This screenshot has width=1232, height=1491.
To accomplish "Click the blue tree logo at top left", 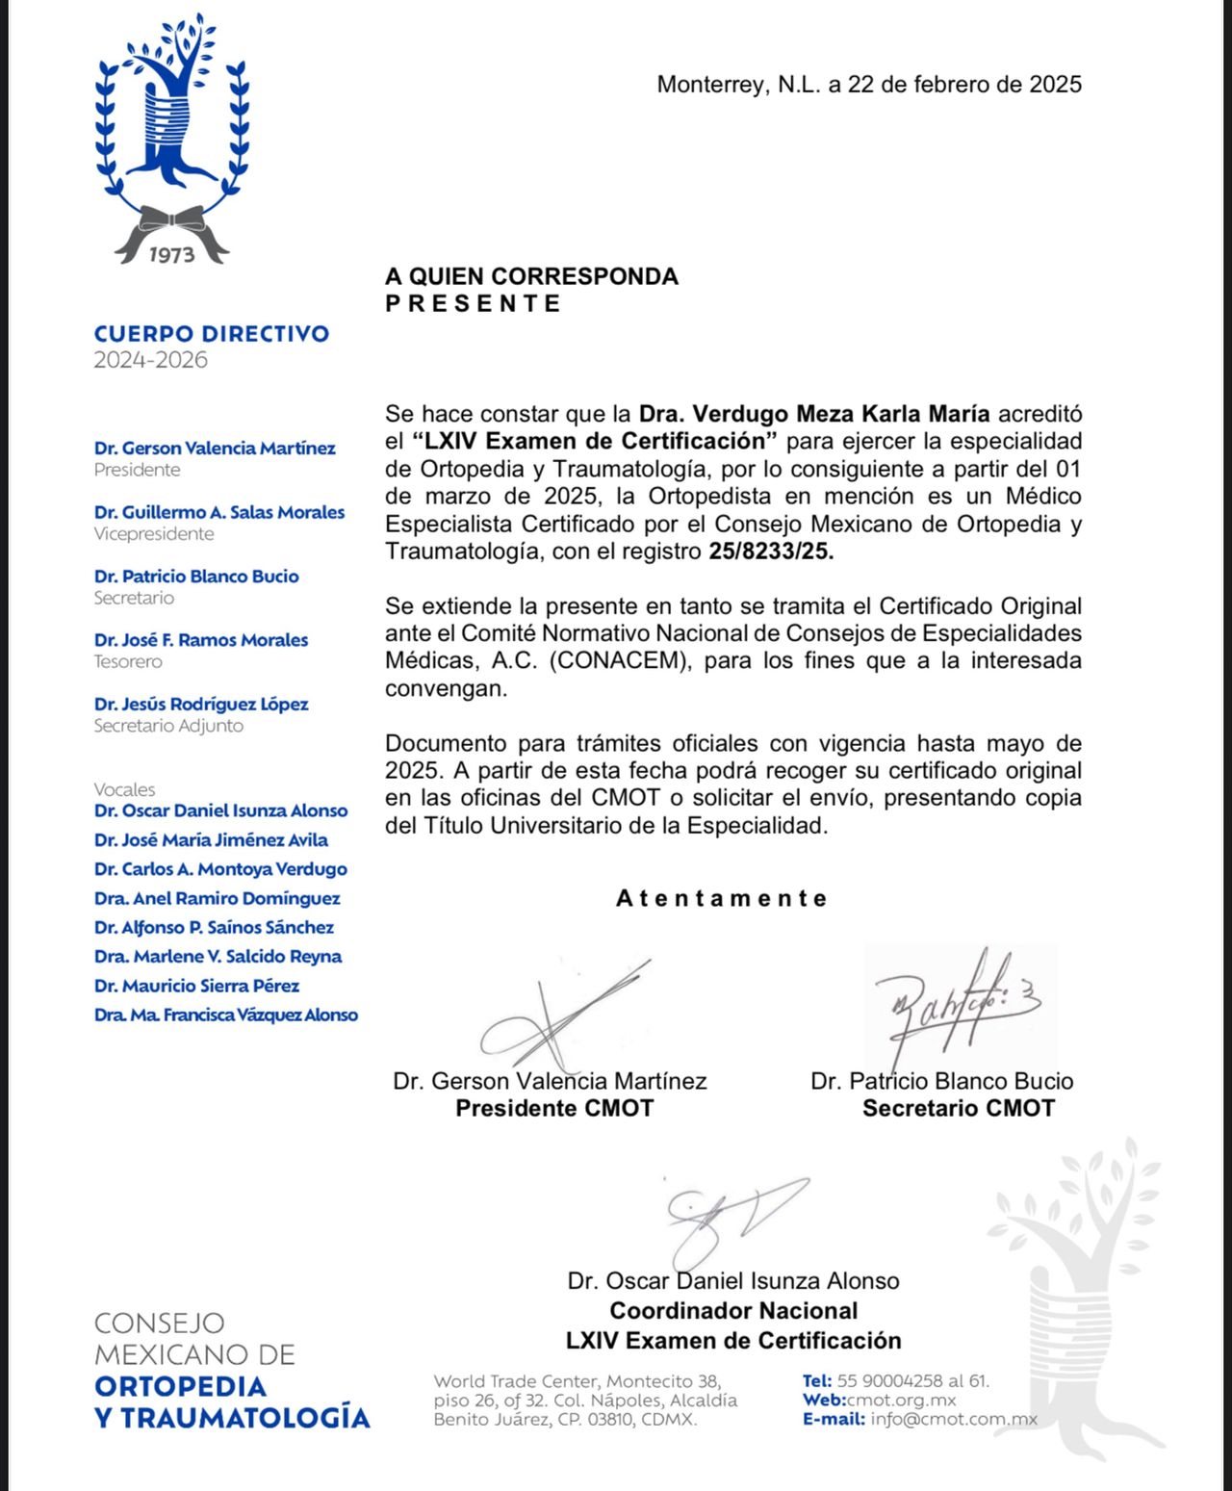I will point(171,116).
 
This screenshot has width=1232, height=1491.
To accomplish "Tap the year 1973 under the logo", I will point(171,254).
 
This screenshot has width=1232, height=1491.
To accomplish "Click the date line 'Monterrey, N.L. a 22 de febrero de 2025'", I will point(868,85).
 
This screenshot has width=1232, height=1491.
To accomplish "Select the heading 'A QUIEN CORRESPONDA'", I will point(531,276).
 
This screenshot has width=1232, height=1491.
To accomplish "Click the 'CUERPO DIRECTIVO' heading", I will point(212,334).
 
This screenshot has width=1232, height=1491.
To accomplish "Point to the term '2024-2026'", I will point(150,360).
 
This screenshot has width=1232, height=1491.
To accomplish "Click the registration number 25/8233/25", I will point(771,552).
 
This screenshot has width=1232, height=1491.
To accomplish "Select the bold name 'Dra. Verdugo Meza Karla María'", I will point(814,414).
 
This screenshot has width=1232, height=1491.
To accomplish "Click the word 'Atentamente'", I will point(722,898).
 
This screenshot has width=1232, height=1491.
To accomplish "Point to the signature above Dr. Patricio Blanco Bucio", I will point(958,1006).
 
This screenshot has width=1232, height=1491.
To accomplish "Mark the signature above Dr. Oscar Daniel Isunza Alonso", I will point(731,1218).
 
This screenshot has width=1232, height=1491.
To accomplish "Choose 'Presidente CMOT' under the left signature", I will point(554,1108).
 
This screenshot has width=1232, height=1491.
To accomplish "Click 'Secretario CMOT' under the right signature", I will point(958,1108).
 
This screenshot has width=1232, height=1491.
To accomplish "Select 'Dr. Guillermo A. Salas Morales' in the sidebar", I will point(219,512).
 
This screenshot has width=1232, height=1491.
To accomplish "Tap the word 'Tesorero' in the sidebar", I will point(128,661).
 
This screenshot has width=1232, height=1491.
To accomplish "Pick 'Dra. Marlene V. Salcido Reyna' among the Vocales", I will point(218,956).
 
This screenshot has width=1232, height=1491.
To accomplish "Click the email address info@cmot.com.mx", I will point(954,1419).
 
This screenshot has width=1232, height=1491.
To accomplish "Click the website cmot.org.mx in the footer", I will point(902,1400).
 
